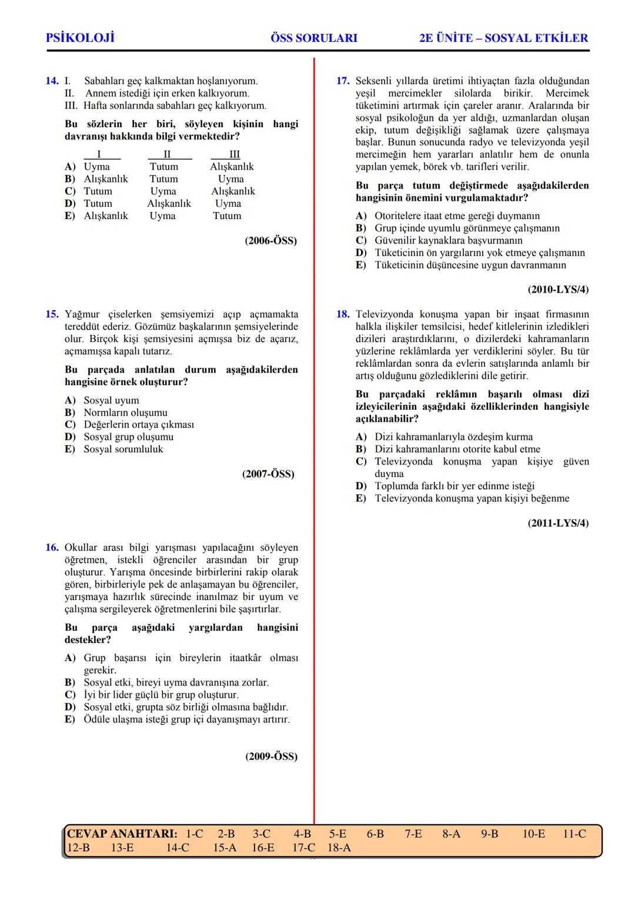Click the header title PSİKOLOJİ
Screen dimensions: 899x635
[80, 38]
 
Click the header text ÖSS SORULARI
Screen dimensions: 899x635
[314, 38]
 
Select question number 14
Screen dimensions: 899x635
[52, 81]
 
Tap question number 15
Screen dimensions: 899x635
[52, 314]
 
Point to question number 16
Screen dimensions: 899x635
[52, 548]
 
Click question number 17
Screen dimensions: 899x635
[343, 81]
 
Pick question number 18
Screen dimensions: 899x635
[343, 314]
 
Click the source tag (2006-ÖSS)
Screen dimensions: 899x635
[270, 241]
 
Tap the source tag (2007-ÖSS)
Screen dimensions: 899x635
[268, 474]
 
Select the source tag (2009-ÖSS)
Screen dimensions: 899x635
[271, 757]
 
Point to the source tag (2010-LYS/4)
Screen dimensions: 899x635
[558, 290]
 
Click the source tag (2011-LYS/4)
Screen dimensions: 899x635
[558, 523]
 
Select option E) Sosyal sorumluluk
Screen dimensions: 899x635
[113, 449]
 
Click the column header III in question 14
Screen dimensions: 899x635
[234, 154]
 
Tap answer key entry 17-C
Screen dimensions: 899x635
[303, 848]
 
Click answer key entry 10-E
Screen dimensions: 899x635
[533, 834]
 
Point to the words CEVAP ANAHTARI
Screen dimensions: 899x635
[122, 834]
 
